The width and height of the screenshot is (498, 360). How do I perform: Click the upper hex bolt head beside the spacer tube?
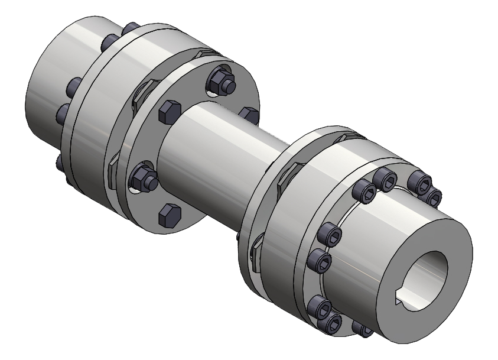168,112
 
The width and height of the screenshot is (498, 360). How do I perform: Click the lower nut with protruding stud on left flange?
142,178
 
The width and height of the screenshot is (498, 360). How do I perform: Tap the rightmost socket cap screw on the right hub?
434,197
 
